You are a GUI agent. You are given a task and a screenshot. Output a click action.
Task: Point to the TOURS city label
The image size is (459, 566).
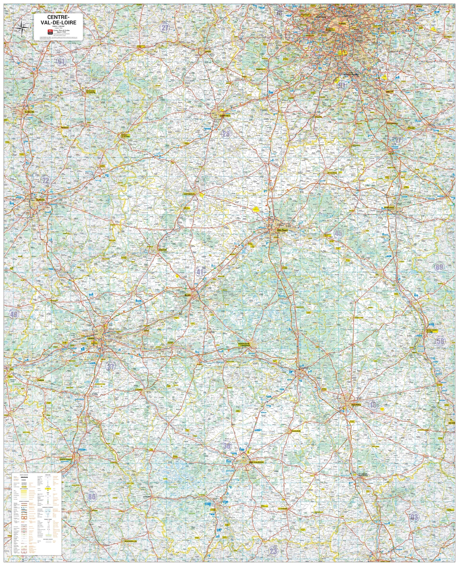91,338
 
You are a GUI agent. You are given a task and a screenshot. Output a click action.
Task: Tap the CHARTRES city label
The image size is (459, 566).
225,116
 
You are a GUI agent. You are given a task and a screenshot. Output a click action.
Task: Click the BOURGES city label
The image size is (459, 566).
356,404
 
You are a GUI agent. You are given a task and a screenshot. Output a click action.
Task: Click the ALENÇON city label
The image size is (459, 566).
29,112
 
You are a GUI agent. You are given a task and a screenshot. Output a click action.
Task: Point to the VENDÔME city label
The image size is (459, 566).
163,250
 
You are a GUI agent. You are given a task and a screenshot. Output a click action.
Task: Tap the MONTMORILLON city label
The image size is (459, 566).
131,541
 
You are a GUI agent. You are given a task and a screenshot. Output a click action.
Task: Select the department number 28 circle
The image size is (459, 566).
226,134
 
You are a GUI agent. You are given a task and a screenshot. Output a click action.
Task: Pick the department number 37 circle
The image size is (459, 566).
110,366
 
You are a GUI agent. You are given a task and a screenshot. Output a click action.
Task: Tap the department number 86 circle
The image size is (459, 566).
92,497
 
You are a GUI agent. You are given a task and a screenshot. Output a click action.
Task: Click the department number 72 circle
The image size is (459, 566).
46,180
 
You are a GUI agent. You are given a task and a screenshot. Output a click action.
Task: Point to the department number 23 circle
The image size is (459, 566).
273,551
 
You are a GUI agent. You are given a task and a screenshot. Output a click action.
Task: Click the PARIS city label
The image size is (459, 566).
342,24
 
